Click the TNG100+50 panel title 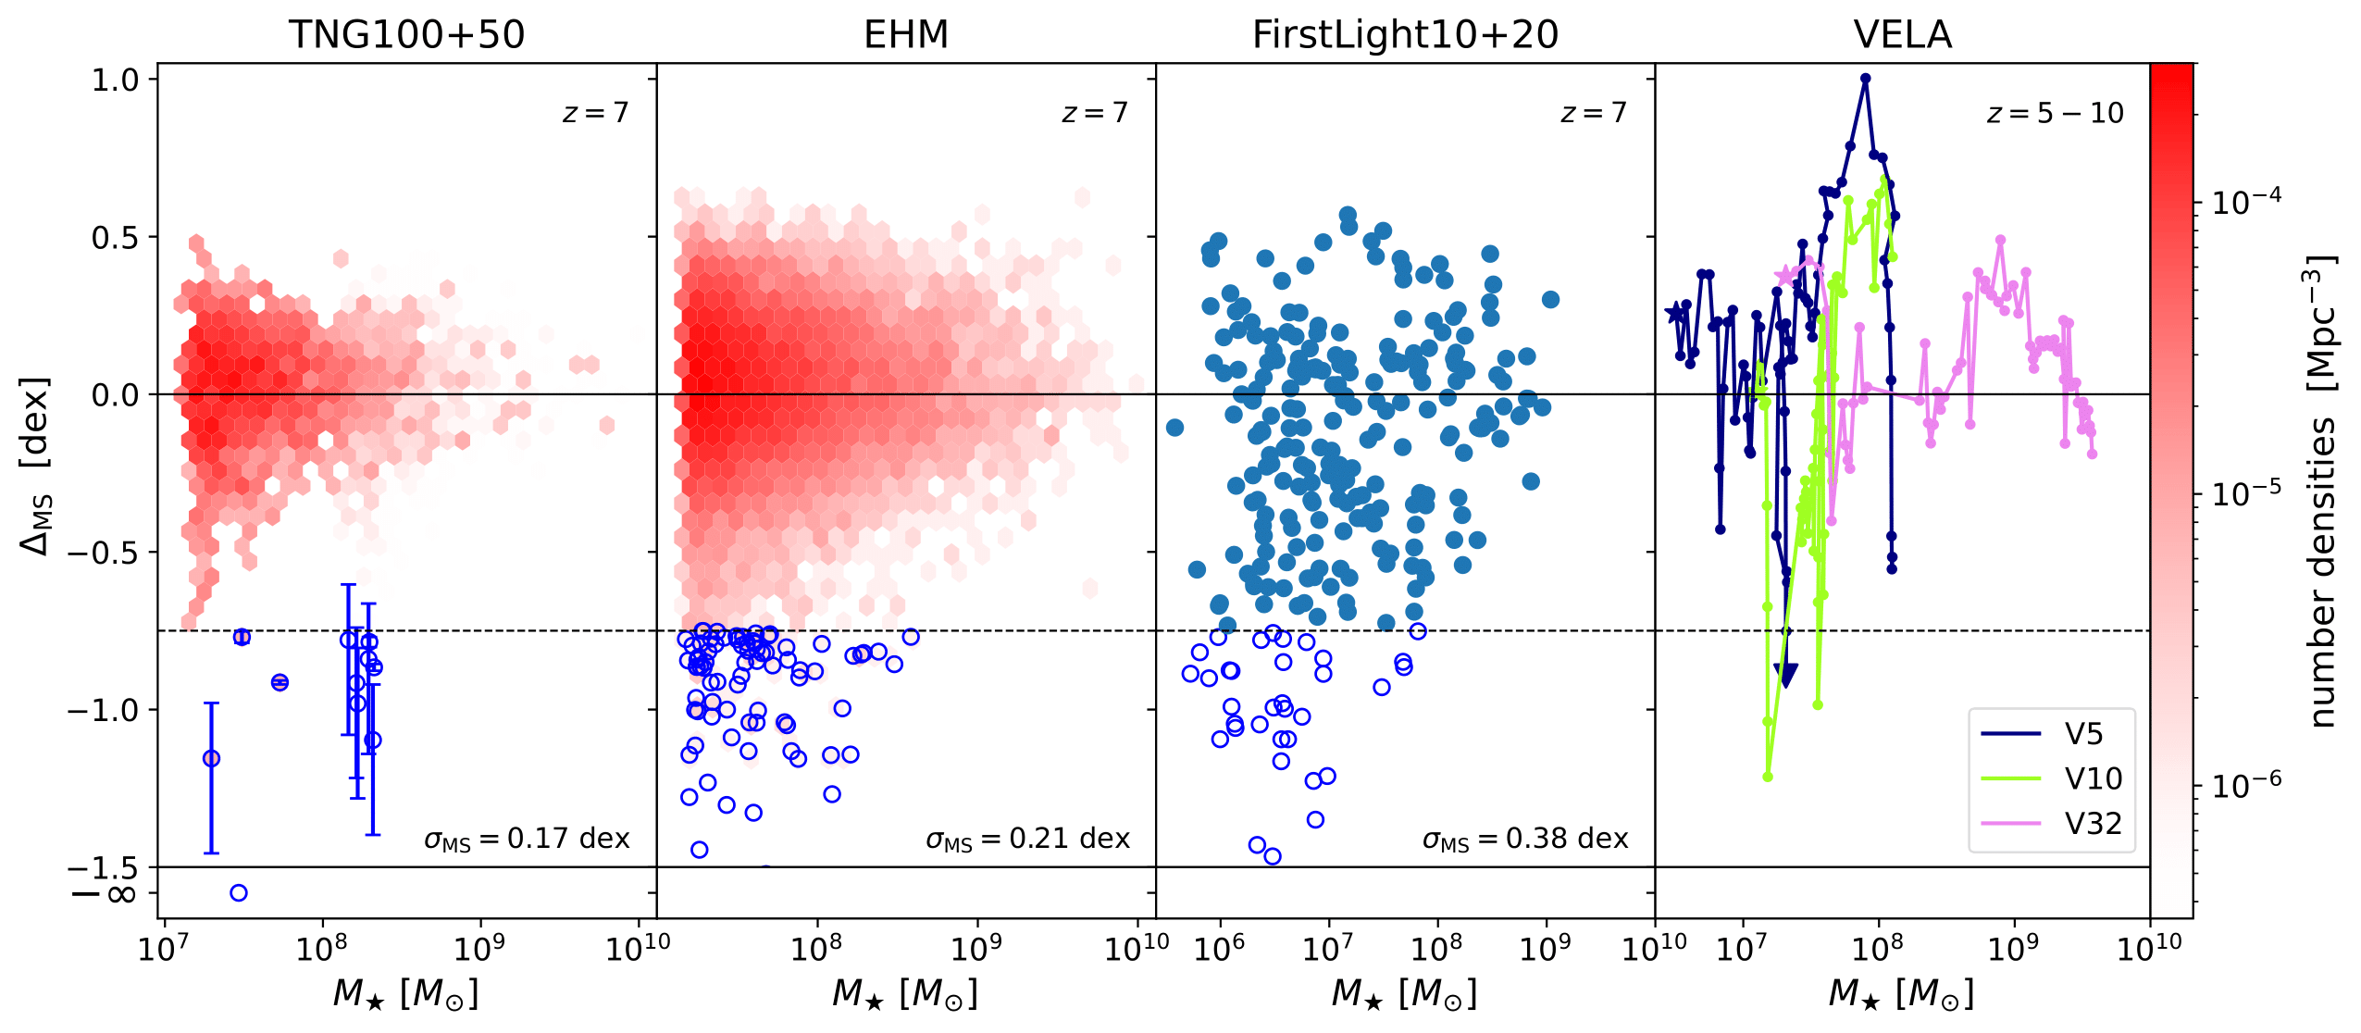coord(406,35)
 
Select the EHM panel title coord(905,35)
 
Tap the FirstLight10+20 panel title coord(1405,35)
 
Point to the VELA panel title coord(1902,35)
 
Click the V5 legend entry coord(2082,734)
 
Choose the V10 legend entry coord(2092,778)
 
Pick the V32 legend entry coord(2092,823)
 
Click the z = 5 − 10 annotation coord(2055,113)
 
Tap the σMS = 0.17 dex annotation coord(527,839)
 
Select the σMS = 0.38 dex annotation coord(1525,839)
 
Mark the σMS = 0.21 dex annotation coord(1027,839)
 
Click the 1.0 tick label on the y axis coord(115,80)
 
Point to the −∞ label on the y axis coord(104,894)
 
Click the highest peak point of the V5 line coord(1865,79)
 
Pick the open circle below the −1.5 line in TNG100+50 coord(239,893)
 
